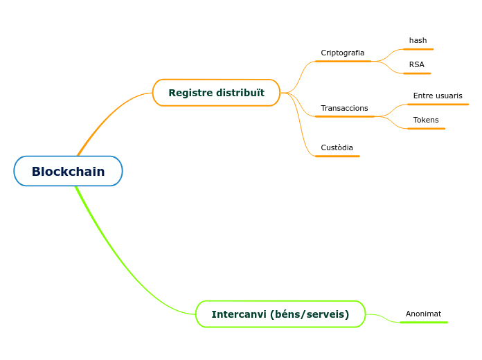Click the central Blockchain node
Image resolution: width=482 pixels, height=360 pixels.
click(x=68, y=171)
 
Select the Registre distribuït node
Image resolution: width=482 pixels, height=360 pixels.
click(x=216, y=93)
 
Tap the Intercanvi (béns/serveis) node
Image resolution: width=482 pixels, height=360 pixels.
click(x=280, y=314)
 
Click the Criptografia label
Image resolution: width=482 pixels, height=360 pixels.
click(x=342, y=53)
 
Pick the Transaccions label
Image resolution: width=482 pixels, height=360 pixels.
click(x=344, y=108)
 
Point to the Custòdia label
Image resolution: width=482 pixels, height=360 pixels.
click(x=337, y=147)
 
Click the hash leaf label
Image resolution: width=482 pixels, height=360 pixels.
click(x=418, y=40)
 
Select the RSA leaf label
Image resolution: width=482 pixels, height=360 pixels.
click(x=416, y=64)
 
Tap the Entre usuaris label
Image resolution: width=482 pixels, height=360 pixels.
click(x=438, y=96)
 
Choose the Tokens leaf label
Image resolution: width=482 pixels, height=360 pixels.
click(x=426, y=120)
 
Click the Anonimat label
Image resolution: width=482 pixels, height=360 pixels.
click(x=423, y=314)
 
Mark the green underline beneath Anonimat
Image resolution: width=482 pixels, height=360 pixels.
click(x=424, y=322)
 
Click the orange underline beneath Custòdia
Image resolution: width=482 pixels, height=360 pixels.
click(x=337, y=156)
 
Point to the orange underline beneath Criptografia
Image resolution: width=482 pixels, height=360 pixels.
click(x=343, y=61)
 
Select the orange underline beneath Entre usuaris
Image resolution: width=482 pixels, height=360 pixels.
click(x=438, y=104)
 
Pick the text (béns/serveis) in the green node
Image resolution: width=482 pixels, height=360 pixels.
click(x=309, y=314)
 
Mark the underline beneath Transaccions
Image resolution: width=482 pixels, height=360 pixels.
click(x=344, y=116)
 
